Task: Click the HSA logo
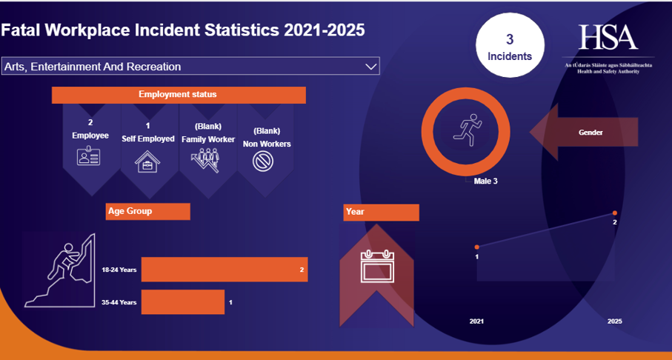(x=608, y=37)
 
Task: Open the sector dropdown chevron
(x=371, y=67)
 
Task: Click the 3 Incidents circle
(x=509, y=46)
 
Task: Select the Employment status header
(x=178, y=95)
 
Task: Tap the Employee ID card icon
(x=88, y=157)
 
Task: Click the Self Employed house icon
(x=147, y=161)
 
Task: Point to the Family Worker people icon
(x=207, y=160)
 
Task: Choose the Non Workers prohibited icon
(x=265, y=161)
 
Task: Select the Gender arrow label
(x=591, y=133)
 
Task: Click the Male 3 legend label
(x=485, y=180)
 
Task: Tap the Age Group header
(x=148, y=211)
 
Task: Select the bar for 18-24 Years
(x=224, y=270)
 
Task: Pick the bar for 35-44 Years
(x=183, y=302)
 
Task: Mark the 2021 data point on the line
(x=477, y=247)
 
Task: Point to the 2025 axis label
(x=614, y=321)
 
